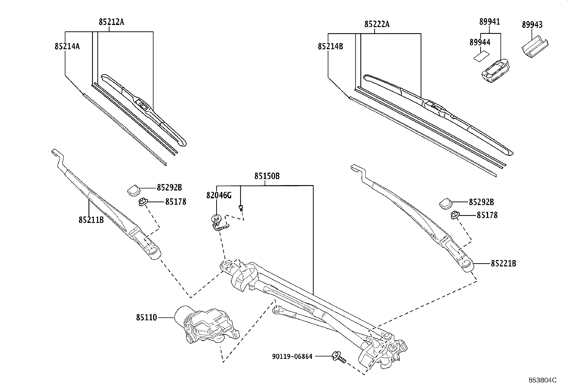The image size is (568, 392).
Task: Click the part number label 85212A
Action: click(x=111, y=22)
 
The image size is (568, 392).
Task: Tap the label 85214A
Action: click(x=67, y=46)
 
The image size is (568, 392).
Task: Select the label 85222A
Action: click(x=377, y=24)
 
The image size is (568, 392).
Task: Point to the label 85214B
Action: click(x=330, y=46)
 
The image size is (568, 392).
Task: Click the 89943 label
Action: click(x=532, y=25)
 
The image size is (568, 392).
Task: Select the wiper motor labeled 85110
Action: click(x=207, y=325)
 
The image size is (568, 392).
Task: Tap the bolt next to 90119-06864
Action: click(x=338, y=357)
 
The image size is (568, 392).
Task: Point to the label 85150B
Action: click(x=267, y=176)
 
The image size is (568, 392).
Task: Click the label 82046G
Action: click(x=219, y=195)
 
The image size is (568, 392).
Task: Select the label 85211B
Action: click(x=91, y=220)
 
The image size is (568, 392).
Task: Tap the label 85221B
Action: click(x=503, y=264)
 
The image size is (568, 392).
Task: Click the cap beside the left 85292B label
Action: click(x=133, y=190)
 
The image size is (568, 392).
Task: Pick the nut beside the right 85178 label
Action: click(x=455, y=215)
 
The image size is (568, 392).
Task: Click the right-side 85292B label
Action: click(x=481, y=202)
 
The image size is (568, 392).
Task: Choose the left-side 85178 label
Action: click(x=176, y=202)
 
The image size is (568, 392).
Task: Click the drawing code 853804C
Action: click(x=542, y=380)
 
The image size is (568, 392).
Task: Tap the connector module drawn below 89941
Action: click(x=495, y=71)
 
